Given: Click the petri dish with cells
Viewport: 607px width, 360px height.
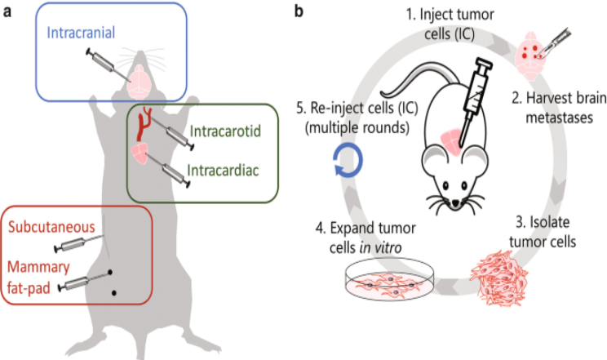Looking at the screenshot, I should [386, 285].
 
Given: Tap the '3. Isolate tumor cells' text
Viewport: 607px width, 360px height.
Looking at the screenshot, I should [543, 233].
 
